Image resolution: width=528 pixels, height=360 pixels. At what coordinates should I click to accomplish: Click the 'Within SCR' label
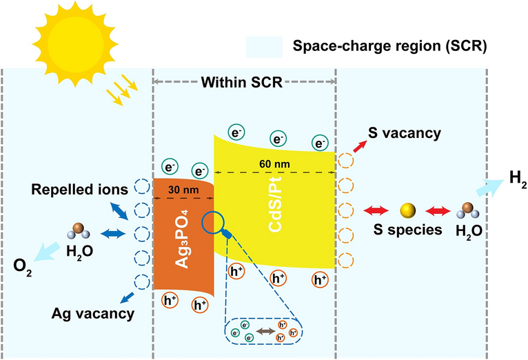pos(243,83)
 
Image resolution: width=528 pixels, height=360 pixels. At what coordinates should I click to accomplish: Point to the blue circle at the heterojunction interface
pos(214,223)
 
